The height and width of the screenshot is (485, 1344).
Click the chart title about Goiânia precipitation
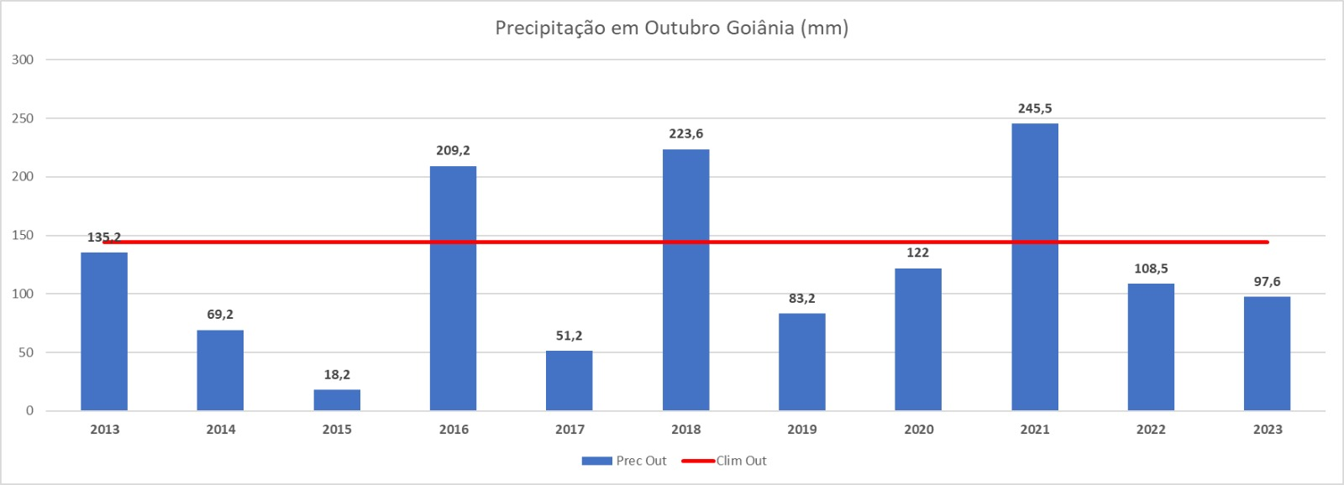pyautogui.click(x=671, y=28)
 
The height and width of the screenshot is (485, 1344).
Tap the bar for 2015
pyautogui.click(x=337, y=399)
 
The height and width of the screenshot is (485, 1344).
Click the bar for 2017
pyautogui.click(x=569, y=380)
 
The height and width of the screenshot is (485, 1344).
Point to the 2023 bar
pyautogui.click(x=1267, y=353)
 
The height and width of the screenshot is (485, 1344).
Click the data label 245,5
pyautogui.click(x=1035, y=108)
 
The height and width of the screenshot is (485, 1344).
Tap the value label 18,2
pyautogui.click(x=337, y=374)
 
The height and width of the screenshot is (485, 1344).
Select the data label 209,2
pyautogui.click(x=453, y=150)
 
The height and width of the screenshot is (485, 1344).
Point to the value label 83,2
pyautogui.click(x=801, y=298)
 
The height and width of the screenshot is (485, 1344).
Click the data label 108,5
pyautogui.click(x=1151, y=269)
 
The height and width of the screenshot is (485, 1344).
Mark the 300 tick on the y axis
pyautogui.click(x=23, y=60)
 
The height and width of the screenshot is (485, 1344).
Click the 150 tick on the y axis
pyautogui.click(x=23, y=235)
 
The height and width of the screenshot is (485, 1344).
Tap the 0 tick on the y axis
pyautogui.click(x=29, y=410)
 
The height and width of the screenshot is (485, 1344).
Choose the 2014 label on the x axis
pyautogui.click(x=221, y=430)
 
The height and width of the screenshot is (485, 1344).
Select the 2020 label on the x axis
pyautogui.click(x=918, y=430)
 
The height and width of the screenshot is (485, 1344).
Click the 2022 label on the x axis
pyautogui.click(x=1151, y=430)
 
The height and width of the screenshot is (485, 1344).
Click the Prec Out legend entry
pyautogui.click(x=624, y=461)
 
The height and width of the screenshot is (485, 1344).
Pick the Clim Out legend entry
pyautogui.click(x=724, y=461)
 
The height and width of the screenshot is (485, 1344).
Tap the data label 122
pyautogui.click(x=917, y=253)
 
